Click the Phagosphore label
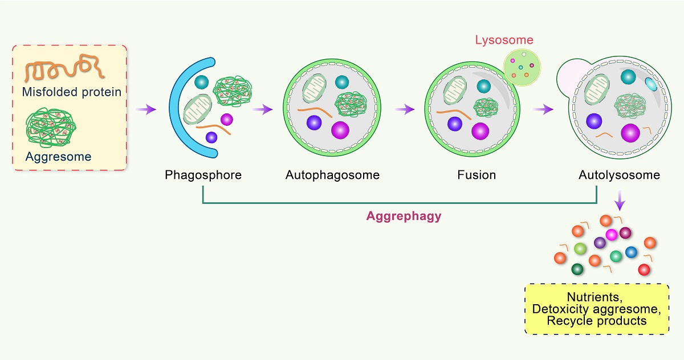pos(203,175)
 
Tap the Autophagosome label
pos(332,175)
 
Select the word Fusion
pos(477,175)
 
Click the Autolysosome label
pos(619,175)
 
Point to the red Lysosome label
pos(504,40)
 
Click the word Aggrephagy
pos(404,216)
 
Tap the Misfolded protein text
pos(72,92)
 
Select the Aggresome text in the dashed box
pos(58,156)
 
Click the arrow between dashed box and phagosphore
pos(147,109)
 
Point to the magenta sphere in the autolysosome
pos(630,133)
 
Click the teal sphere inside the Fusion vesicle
pos(483,86)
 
